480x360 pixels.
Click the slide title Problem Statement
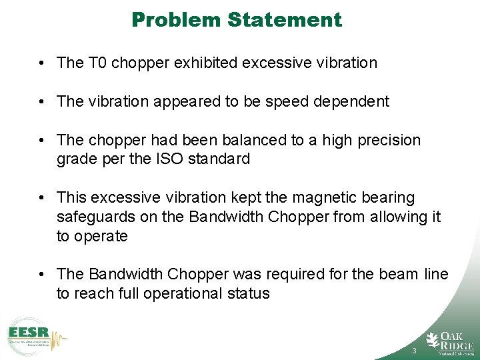tap(237, 19)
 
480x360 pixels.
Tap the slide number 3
tap(415, 351)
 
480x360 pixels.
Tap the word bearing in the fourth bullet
tap(389, 198)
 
